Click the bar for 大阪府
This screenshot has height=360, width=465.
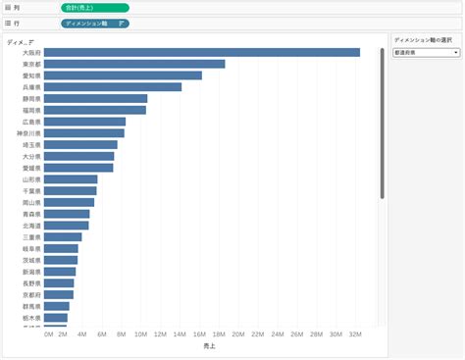point(201,53)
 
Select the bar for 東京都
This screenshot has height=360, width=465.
point(134,64)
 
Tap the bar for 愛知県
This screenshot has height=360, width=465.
point(123,76)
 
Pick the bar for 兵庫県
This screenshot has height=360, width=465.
point(113,87)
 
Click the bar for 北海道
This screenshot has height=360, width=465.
point(67,226)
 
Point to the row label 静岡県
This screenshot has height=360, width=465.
point(31,99)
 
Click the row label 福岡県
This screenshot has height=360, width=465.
point(31,111)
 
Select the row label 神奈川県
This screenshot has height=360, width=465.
point(29,133)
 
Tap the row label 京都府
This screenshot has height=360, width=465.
point(31,294)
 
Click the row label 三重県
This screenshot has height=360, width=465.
point(31,237)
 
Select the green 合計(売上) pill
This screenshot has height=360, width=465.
point(93,7)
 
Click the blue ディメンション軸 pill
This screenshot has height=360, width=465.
point(93,22)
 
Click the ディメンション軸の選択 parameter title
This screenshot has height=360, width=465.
point(422,40)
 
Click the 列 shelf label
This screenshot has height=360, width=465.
point(17,7)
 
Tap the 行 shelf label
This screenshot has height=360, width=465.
point(17,22)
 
